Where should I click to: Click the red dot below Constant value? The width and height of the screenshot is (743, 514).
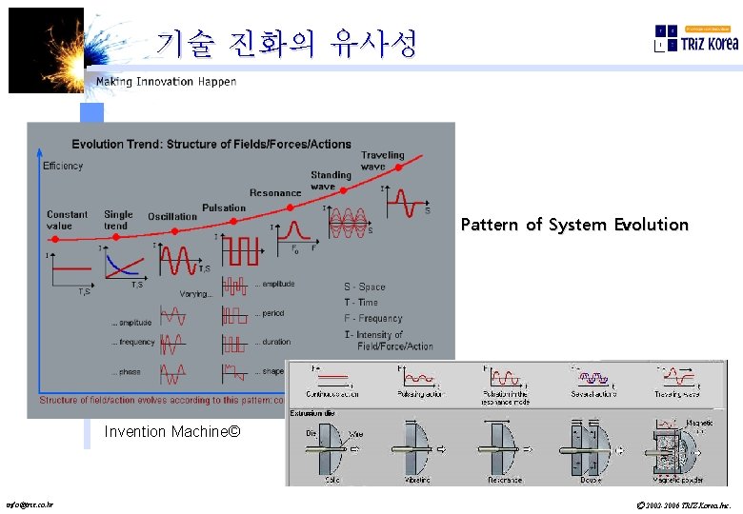point(55,239)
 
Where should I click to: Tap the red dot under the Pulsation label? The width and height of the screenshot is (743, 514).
point(220,223)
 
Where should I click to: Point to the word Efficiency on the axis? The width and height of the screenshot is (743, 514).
point(63,166)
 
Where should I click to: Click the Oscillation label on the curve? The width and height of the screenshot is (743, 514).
point(172,216)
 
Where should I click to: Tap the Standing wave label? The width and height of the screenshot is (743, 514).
point(331,181)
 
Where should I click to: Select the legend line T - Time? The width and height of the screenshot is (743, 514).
point(361,303)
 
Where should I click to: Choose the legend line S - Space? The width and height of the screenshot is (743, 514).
point(365,287)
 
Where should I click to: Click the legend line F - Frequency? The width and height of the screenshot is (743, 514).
point(373,319)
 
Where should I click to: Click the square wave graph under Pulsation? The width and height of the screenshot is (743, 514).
point(238,250)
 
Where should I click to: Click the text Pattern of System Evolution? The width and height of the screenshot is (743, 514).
point(573,225)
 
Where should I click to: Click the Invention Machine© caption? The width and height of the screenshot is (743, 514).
point(171,432)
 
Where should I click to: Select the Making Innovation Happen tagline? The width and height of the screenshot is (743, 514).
point(166,82)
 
